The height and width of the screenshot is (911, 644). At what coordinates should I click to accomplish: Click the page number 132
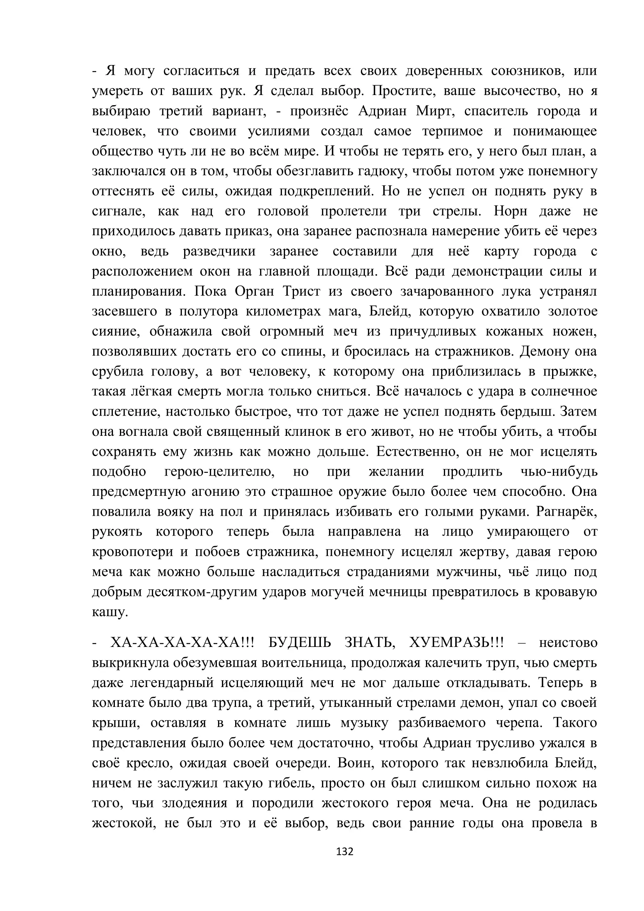click(x=344, y=851)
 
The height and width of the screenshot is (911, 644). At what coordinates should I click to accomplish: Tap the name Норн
click(x=510, y=211)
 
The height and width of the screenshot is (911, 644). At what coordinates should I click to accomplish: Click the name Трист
click(x=301, y=291)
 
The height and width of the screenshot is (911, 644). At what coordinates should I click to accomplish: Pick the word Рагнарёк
click(x=566, y=511)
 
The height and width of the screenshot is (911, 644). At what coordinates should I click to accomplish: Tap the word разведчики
click(x=219, y=251)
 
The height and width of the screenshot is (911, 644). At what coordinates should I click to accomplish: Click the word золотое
click(x=572, y=311)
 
